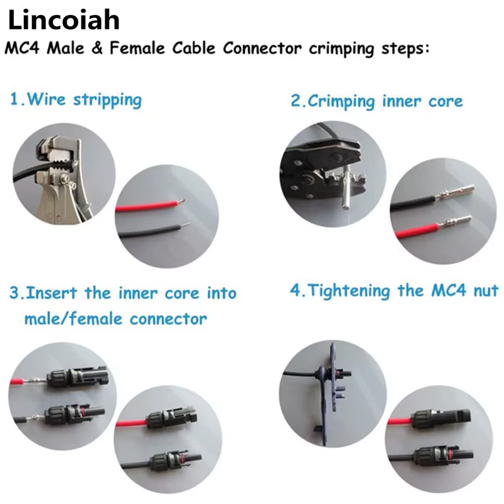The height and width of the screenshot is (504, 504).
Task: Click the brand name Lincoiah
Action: coord(64,20)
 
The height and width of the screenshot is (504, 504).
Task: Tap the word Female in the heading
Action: coord(137,49)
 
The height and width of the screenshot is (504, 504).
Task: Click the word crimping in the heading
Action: coord(341,49)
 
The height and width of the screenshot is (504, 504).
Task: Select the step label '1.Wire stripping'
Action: coord(76,100)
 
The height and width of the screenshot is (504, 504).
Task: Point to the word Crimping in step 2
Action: coord(341,101)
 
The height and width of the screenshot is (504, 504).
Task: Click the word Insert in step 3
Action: coord(52,293)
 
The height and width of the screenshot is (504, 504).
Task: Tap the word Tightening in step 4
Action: coord(349,291)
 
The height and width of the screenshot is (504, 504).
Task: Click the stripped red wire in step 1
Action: coord(150,206)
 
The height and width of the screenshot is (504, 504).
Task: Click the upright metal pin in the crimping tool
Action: coord(346,190)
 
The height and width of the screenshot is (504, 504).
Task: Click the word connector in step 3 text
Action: coord(168,319)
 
